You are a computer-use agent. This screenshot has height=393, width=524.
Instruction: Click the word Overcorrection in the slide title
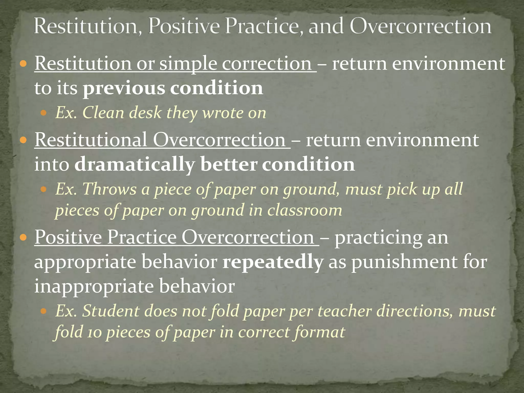point(420,26)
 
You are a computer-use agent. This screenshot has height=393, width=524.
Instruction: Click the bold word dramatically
point(135,164)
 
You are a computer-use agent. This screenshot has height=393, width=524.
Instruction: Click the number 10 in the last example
point(93,333)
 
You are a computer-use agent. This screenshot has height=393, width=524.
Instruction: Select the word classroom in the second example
point(304,210)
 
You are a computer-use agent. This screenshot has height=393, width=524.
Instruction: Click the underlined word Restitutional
point(91,140)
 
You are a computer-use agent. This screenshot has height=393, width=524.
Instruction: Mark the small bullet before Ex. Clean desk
point(44,113)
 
